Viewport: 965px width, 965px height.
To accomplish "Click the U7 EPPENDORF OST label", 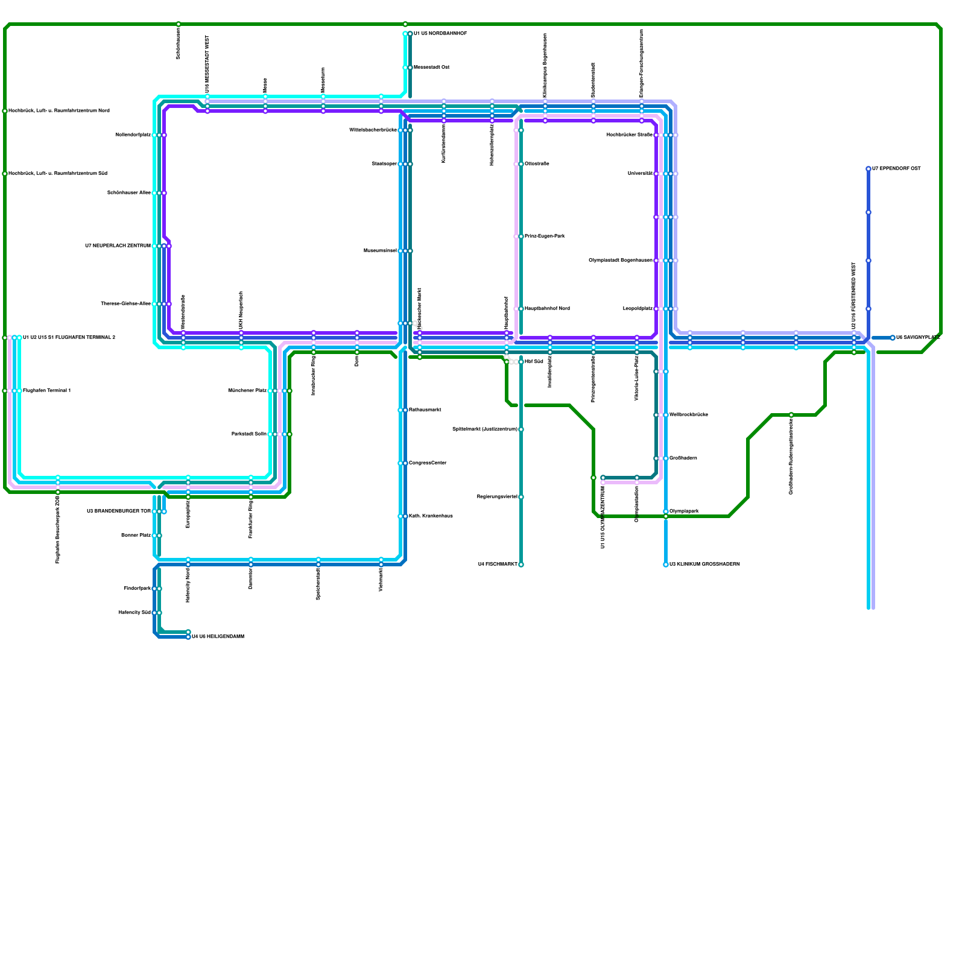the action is tap(897, 169).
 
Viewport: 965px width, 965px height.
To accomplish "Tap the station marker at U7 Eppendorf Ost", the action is tap(868, 169).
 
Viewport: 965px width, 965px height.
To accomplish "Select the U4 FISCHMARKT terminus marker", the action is tap(521, 565).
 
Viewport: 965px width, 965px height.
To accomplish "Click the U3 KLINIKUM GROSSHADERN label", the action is tap(704, 565).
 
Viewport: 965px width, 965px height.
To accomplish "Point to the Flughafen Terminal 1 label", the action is tap(47, 391).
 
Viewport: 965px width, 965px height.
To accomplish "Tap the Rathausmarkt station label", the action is tap(425, 410).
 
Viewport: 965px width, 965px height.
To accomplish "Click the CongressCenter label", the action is tap(428, 463).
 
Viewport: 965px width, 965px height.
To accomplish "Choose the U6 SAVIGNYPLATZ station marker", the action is tap(893, 338).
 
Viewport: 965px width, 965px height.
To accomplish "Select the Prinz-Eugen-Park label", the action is tap(545, 236).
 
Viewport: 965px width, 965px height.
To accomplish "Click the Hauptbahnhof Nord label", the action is tap(547, 309).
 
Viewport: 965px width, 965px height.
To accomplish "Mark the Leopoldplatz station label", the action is tap(638, 309).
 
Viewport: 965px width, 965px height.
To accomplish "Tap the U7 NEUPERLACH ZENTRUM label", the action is tap(118, 246).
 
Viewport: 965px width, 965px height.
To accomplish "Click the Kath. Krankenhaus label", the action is tap(431, 516).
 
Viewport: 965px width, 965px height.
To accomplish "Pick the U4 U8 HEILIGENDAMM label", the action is tap(218, 637).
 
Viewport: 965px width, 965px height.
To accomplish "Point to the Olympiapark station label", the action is tap(684, 511).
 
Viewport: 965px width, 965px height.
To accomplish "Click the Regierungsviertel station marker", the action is tap(521, 497).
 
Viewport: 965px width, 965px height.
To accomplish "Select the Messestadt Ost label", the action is tap(431, 68).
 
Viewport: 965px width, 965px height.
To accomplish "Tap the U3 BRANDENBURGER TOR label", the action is tap(118, 511).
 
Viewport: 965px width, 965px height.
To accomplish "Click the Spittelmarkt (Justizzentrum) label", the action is tap(484, 429).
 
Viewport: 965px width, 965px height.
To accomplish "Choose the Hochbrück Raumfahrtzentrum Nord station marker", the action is tap(5, 111).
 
